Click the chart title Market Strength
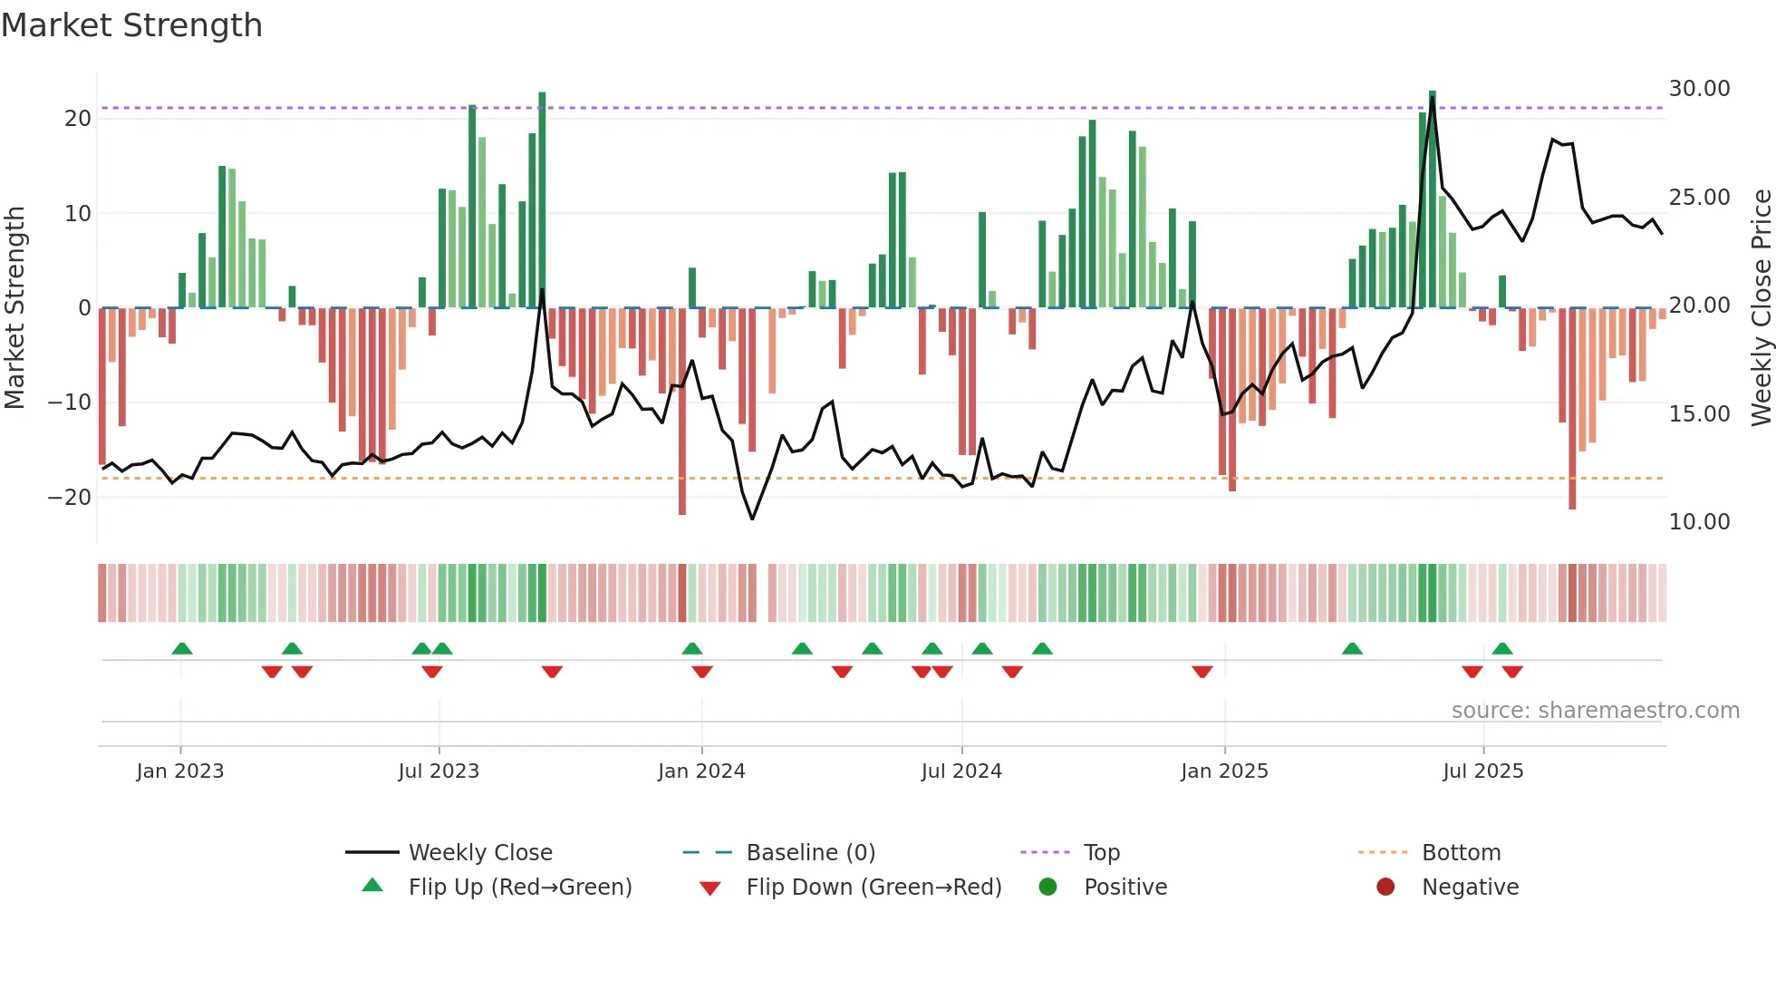[131, 25]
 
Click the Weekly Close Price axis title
[1761, 307]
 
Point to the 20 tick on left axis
[78, 119]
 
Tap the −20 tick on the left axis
[70, 497]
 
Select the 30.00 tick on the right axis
[1699, 89]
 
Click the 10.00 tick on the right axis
[1699, 522]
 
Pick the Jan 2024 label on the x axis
[701, 771]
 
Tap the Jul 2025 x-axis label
[1482, 771]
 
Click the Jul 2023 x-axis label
[439, 771]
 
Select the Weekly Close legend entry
[479, 853]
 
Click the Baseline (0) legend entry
[810, 853]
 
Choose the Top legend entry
[1101, 853]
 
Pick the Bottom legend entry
[1461, 853]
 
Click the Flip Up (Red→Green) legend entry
[519, 887]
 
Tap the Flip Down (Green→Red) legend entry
[874, 887]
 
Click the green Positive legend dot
[1048, 887]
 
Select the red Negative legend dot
[1385, 887]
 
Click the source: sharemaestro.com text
[1595, 711]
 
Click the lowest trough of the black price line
[752, 519]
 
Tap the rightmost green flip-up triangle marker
[1502, 649]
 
